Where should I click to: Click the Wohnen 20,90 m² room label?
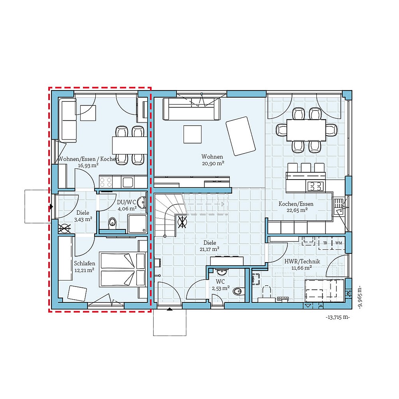212,160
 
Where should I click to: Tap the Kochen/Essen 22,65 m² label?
296,207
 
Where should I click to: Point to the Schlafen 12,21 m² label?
84,266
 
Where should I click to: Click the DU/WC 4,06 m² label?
127,205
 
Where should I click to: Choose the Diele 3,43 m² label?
83,216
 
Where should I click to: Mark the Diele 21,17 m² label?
209,246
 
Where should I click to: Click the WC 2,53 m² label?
220,284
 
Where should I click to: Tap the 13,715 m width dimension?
338,318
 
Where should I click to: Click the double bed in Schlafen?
122,269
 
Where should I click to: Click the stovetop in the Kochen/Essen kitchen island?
314,186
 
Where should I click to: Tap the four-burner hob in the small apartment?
105,182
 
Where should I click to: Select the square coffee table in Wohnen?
192,134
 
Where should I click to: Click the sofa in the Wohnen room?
192,109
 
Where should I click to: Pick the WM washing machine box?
338,243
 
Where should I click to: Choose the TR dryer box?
325,243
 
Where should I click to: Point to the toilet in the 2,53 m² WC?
237,290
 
